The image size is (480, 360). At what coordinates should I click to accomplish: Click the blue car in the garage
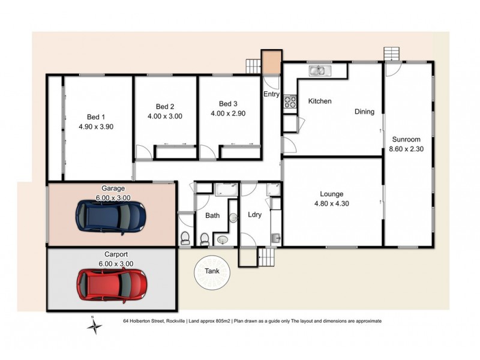pyautogui.click(x=111, y=216)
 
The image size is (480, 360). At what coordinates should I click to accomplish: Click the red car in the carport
pyautogui.click(x=112, y=284)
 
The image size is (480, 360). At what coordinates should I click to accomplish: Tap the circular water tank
pyautogui.click(x=212, y=272)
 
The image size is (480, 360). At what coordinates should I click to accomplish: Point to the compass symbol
pyautogui.click(x=94, y=326)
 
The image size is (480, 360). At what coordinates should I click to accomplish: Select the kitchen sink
pyautogui.click(x=319, y=71)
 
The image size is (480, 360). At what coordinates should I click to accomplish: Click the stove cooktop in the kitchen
pyautogui.click(x=290, y=103)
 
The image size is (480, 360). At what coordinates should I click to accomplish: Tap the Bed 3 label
pyautogui.click(x=228, y=103)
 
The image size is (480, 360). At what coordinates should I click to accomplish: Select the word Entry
pyautogui.click(x=271, y=94)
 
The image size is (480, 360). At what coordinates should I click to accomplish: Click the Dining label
pyautogui.click(x=364, y=112)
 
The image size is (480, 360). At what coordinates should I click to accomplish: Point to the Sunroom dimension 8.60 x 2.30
pyautogui.click(x=407, y=149)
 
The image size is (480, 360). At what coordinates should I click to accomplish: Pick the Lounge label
pyautogui.click(x=331, y=194)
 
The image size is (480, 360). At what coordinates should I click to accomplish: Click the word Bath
pyautogui.click(x=212, y=215)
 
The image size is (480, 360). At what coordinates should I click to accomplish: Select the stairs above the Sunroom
pyautogui.click(x=391, y=53)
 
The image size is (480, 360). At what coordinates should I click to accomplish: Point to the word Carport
pyautogui.click(x=113, y=255)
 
